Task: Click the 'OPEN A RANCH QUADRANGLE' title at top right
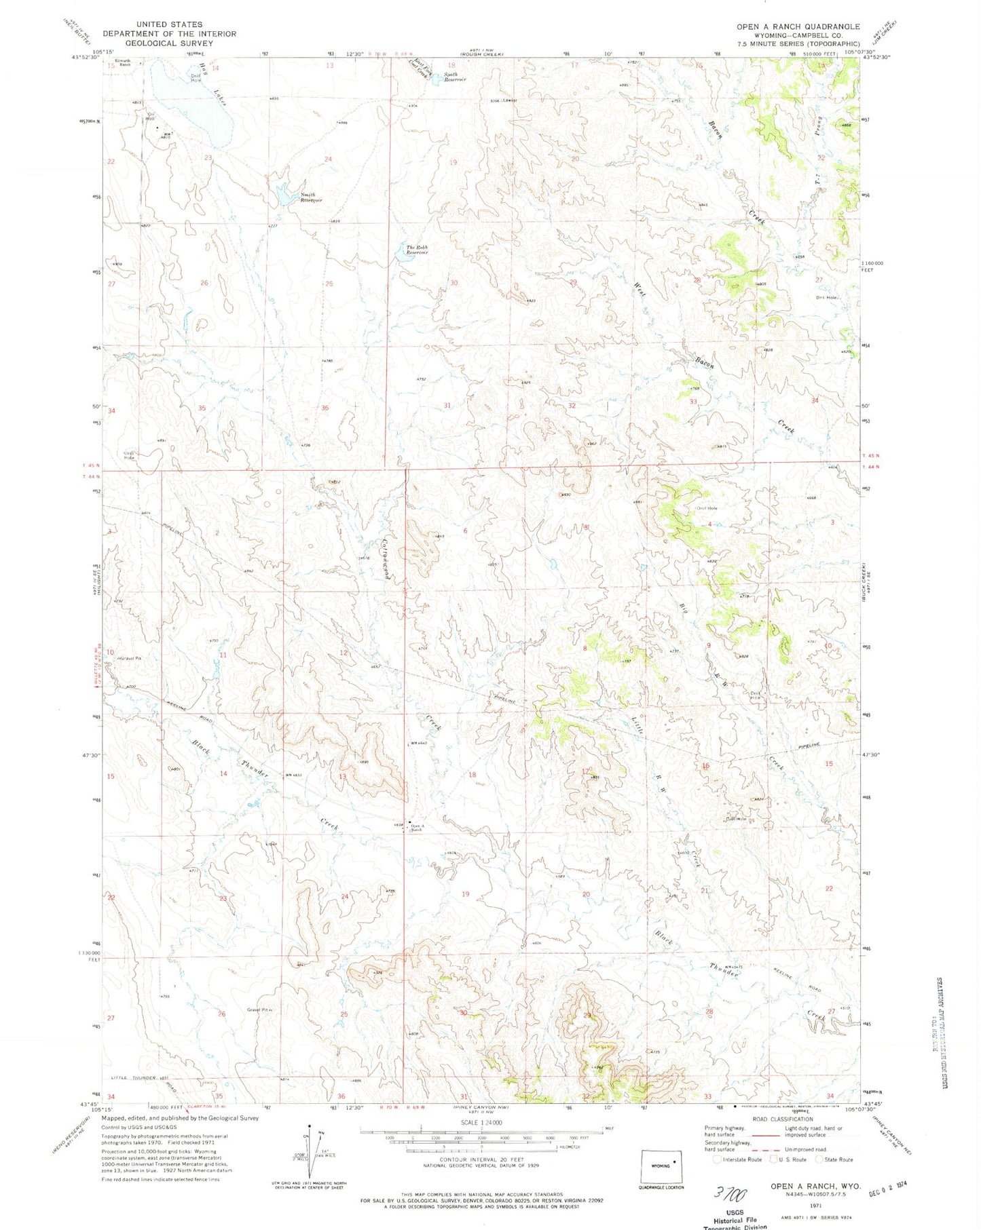(x=798, y=26)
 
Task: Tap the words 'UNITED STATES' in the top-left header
(x=169, y=24)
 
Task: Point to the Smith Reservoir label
(x=312, y=197)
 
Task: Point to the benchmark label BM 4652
(x=293, y=775)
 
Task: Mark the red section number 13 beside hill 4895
(x=343, y=777)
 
